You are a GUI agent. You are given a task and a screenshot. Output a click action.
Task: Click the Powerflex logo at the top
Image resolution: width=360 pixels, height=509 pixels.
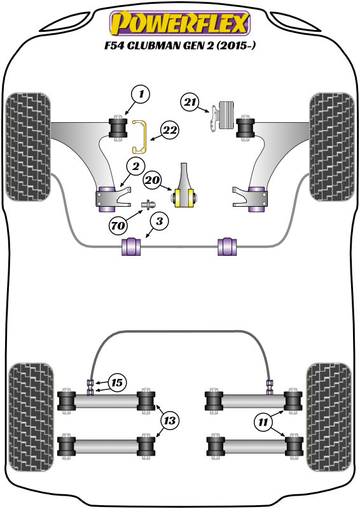[180, 23]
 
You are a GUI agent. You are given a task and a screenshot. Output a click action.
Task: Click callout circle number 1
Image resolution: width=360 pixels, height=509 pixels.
[141, 95]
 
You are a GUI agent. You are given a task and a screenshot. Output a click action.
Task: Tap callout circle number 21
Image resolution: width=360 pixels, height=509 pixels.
[190, 102]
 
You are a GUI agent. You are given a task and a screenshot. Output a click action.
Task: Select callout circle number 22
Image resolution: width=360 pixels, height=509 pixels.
[170, 130]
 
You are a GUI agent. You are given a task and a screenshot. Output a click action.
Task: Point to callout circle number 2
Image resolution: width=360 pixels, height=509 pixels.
[135, 167]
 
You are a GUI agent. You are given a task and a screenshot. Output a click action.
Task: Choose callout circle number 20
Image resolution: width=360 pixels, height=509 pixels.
[153, 180]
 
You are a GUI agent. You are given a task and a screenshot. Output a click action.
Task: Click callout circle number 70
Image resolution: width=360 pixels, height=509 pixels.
[118, 225]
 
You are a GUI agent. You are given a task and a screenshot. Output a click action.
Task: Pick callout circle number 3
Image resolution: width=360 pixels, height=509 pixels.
[160, 221]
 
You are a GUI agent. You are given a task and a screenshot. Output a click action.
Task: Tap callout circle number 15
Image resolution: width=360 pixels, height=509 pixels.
[117, 383]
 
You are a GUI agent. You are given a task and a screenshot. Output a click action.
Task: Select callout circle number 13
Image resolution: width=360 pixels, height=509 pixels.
[169, 421]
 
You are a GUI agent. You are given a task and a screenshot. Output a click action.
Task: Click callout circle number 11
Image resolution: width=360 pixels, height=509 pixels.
[263, 422]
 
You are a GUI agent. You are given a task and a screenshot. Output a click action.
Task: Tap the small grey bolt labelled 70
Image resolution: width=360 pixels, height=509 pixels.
[149, 205]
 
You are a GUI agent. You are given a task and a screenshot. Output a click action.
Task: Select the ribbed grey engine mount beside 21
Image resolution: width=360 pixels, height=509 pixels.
[226, 116]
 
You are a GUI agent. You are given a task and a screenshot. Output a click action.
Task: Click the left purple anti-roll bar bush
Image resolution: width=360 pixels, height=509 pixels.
[131, 246]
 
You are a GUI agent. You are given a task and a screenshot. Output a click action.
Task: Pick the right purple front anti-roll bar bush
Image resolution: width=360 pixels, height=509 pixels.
[227, 246]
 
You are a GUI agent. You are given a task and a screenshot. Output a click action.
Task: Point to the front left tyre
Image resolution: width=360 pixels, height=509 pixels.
[28, 147]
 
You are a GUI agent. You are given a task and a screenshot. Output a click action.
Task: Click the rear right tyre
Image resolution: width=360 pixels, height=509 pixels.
[328, 417]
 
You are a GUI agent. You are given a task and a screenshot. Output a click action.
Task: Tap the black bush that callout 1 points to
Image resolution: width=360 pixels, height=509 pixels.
[118, 128]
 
